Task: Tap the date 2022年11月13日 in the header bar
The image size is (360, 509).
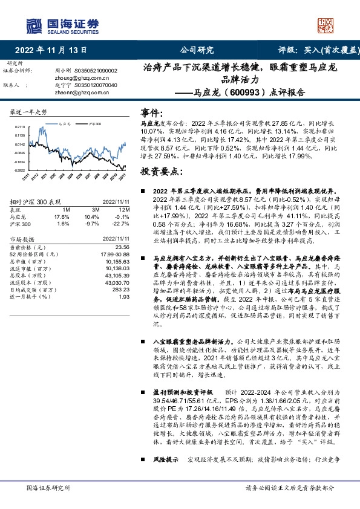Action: pyautogui.click(x=54, y=50)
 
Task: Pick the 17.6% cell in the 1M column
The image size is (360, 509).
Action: pyautogui.click(x=62, y=216)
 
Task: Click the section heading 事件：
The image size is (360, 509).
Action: pyautogui.click(x=152, y=112)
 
